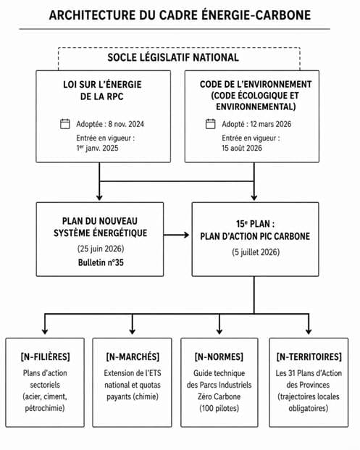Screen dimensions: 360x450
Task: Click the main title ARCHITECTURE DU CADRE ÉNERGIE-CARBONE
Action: click(180, 15)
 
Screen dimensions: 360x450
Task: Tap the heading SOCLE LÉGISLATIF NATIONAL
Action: click(173, 57)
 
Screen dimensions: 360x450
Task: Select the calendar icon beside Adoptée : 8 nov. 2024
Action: click(65, 124)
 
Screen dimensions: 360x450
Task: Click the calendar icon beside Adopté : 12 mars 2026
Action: click(211, 124)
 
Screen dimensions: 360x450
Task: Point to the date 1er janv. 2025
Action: click(97, 148)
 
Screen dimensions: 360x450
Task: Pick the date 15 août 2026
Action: click(242, 148)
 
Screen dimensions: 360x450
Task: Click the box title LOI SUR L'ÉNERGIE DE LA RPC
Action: click(102, 91)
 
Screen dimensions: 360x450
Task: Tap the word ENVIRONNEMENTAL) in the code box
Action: click(256, 107)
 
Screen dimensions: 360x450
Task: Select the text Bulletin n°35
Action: click(101, 262)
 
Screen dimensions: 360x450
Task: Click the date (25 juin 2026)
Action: click(101, 249)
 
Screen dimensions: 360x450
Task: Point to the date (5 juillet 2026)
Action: click(256, 252)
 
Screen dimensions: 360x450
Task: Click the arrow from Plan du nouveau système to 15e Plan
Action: click(177, 235)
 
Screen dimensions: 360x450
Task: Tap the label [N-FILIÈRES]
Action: click(45, 357)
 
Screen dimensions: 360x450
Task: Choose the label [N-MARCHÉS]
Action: click(133, 357)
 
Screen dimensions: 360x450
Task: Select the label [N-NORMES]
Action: click(219, 357)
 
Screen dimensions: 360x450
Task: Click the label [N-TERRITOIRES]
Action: click(309, 357)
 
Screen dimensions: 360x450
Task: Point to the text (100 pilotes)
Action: click(219, 408)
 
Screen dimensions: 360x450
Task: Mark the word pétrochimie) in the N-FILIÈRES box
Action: click(45, 408)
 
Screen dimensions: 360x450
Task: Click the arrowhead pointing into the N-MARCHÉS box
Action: click(133, 331)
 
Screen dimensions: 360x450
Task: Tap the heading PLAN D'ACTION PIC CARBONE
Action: click(255, 236)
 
